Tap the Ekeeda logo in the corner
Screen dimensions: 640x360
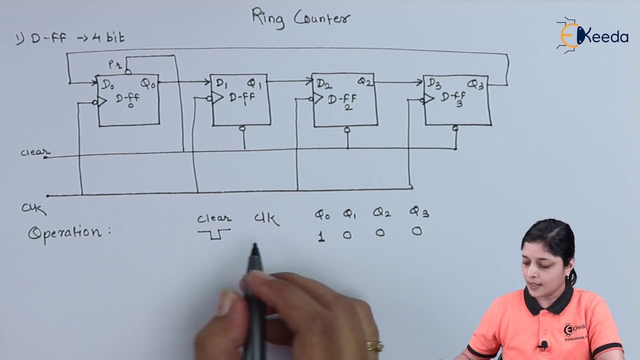pyautogui.click(x=592, y=35)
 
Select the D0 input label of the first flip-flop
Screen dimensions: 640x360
pyautogui.click(x=108, y=84)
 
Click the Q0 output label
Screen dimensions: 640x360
pyautogui.click(x=147, y=84)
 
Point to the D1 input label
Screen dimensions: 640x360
pyautogui.click(x=222, y=83)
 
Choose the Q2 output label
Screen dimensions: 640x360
pyautogui.click(x=365, y=82)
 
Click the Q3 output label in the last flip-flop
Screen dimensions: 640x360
pyautogui.click(x=475, y=84)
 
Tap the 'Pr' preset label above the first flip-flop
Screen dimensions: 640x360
pyautogui.click(x=115, y=64)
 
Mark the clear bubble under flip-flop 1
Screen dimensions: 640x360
pyautogui.click(x=242, y=128)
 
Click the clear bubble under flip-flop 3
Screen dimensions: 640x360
pyautogui.click(x=455, y=128)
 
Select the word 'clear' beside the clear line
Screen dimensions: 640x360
pyautogui.click(x=35, y=152)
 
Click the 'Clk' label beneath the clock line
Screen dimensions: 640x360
pyautogui.click(x=33, y=208)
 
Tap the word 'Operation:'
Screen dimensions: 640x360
pyautogui.click(x=69, y=233)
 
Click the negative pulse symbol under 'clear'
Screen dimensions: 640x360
pyautogui.click(x=214, y=233)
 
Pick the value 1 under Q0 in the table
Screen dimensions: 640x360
pyautogui.click(x=321, y=236)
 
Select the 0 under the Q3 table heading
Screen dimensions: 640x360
pyautogui.click(x=417, y=231)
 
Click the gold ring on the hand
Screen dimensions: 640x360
pyautogui.click(x=375, y=346)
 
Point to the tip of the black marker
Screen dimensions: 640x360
pyautogui.click(x=255, y=244)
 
